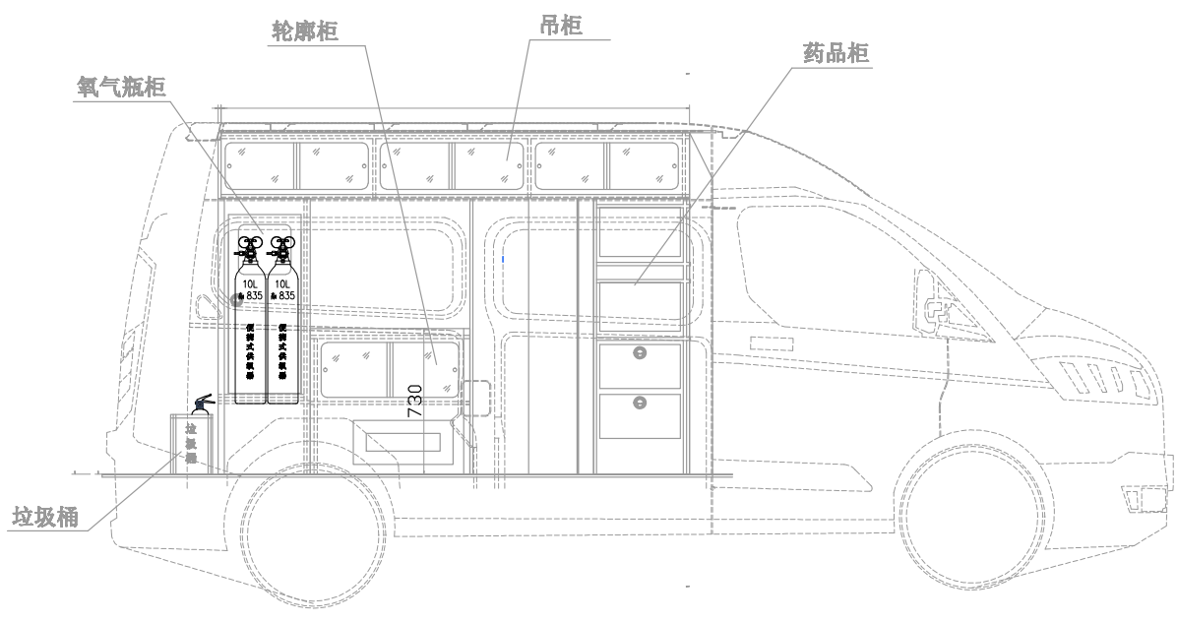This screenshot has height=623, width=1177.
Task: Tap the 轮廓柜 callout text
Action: [x=305, y=31]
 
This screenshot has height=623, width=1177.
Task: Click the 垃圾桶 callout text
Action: [x=46, y=518]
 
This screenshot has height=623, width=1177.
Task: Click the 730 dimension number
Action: [x=415, y=401]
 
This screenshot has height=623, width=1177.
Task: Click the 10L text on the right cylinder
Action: [x=282, y=283]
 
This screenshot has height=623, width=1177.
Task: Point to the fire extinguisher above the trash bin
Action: [x=202, y=404]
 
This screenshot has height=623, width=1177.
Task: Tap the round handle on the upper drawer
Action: [x=640, y=354]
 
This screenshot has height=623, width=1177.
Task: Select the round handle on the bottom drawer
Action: [x=640, y=401]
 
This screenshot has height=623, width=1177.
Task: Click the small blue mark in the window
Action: [x=503, y=259]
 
